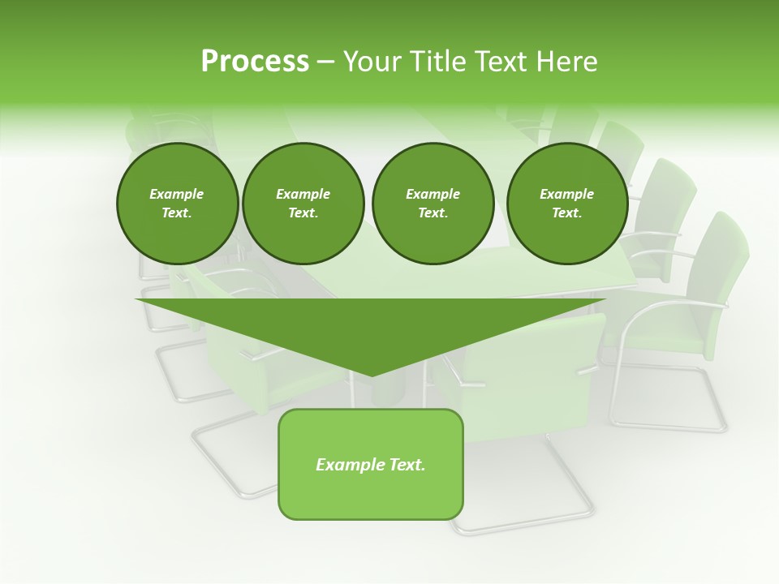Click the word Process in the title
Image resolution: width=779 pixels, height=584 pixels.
tap(255, 62)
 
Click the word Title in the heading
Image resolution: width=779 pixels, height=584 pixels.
tap(434, 62)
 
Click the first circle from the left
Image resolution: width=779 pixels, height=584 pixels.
tap(177, 204)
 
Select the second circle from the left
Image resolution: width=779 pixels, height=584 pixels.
tap(303, 204)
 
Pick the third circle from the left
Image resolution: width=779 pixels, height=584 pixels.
tap(433, 204)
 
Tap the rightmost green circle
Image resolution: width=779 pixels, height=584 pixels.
tap(566, 204)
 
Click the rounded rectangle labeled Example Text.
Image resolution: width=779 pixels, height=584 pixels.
tap(371, 464)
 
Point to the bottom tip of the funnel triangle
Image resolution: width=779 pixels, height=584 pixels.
tap(372, 374)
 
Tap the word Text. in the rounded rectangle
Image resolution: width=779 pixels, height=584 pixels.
tap(407, 465)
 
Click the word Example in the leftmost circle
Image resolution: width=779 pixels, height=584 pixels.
tap(177, 194)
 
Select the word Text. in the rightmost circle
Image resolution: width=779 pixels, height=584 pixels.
tap(566, 213)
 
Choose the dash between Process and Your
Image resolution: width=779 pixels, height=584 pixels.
tap(325, 62)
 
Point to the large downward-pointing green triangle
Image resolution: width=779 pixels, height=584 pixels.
tap(371, 324)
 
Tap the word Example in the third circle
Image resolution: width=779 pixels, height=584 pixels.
tap(433, 194)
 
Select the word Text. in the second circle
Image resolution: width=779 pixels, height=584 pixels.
tap(303, 213)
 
